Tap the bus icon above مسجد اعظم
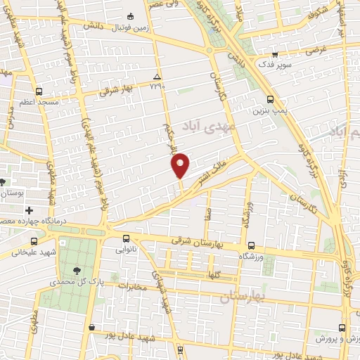[x=38, y=91]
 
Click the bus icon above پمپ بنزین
[x=271, y=99]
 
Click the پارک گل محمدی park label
[x=77, y=281]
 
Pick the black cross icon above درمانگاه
[x=29, y=210]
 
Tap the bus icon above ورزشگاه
[x=251, y=245]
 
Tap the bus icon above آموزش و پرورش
[x=342, y=327]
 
